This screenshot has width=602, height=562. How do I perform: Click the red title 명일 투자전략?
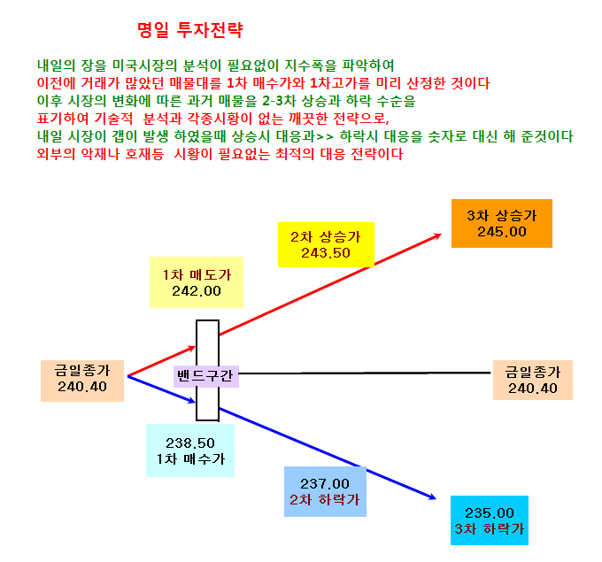[x=190, y=30]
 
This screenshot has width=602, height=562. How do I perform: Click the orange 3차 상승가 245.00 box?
[x=502, y=223]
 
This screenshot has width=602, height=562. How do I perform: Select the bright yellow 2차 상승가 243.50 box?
[x=326, y=244]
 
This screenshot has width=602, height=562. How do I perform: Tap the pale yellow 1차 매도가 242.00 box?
[x=197, y=282]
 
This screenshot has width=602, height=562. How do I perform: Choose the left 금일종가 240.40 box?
[x=82, y=381]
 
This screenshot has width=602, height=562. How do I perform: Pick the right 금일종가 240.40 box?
[x=533, y=380]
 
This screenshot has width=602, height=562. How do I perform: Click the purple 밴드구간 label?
[x=205, y=376]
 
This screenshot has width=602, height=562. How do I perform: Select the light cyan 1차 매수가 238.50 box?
[x=190, y=450]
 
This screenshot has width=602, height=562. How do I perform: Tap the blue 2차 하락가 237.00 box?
[x=325, y=491]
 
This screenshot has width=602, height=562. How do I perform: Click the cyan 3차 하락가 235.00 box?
[x=490, y=520]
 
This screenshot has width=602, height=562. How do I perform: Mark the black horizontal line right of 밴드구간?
[x=365, y=373]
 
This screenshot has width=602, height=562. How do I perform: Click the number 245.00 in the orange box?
[x=502, y=232]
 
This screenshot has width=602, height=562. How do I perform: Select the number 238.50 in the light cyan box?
[x=190, y=443]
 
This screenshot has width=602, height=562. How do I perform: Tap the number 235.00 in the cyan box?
[x=490, y=513]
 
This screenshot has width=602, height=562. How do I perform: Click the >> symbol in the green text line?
[x=325, y=136]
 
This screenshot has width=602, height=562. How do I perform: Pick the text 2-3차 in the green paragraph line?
[x=279, y=101]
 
